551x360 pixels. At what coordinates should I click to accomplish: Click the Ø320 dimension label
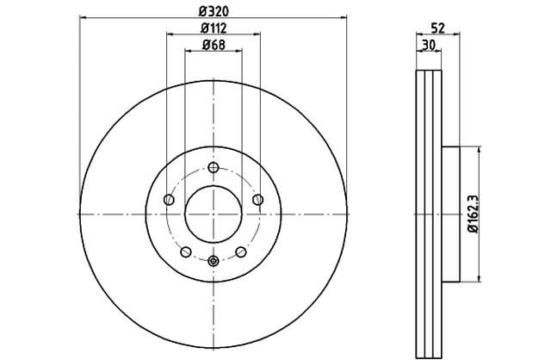click(214, 11)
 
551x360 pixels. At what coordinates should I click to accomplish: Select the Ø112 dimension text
click(214, 28)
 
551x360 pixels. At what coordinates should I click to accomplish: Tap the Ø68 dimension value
click(214, 45)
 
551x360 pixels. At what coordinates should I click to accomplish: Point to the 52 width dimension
click(438, 28)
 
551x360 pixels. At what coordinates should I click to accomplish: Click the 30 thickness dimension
click(429, 45)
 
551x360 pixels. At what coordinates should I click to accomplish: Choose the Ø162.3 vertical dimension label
click(474, 214)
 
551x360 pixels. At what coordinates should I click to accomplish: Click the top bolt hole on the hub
click(214, 167)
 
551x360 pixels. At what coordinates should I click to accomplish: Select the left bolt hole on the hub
click(169, 200)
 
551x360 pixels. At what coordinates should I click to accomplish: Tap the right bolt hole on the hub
click(258, 200)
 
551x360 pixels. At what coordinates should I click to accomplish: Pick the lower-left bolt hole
click(186, 251)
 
